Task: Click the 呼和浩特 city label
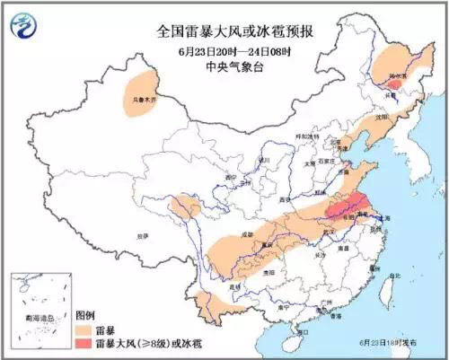pos(310,136)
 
